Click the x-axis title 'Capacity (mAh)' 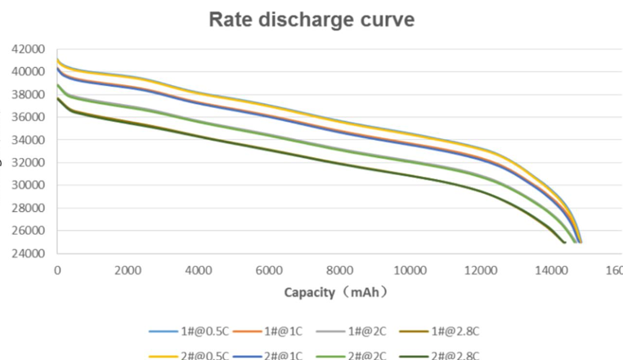[x=335, y=291]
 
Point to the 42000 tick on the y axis [x=28, y=49]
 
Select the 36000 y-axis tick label [x=28, y=117]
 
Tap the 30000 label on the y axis [x=28, y=185]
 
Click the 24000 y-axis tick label [x=28, y=253]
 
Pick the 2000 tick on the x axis [x=128, y=269]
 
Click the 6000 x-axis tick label [x=268, y=269]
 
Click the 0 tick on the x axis [x=57, y=269]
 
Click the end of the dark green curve [x=564, y=242]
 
